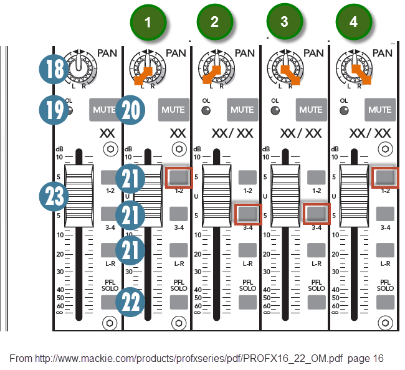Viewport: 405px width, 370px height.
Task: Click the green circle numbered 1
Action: coord(148,22)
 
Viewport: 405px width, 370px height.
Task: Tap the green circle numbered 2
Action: coord(214,22)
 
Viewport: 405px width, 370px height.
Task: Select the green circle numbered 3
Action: coord(284,22)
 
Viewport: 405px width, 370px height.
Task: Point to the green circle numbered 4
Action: coord(354,22)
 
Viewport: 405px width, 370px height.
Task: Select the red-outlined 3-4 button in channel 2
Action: coord(247,214)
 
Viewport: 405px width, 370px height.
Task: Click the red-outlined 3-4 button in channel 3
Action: coord(316,214)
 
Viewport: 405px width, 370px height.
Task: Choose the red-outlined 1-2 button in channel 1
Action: coord(179,177)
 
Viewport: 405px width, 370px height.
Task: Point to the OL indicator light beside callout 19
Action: coord(70,111)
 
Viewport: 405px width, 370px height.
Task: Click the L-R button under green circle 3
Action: coord(316,250)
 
